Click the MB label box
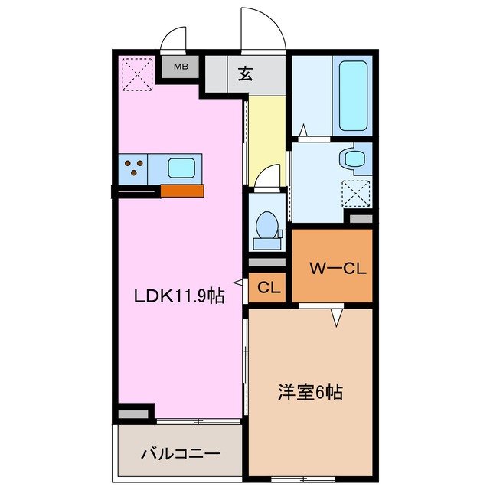tap(180, 67)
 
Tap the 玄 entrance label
tap(245, 74)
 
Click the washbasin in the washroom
tap(354, 159)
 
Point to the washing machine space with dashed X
tap(355, 191)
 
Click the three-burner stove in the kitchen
tap(135, 168)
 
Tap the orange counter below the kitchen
tap(182, 191)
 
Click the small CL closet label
tap(267, 289)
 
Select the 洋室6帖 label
tap(309, 394)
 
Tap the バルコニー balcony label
tap(180, 453)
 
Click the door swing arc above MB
tap(175, 40)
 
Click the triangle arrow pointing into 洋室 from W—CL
tap(335, 316)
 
